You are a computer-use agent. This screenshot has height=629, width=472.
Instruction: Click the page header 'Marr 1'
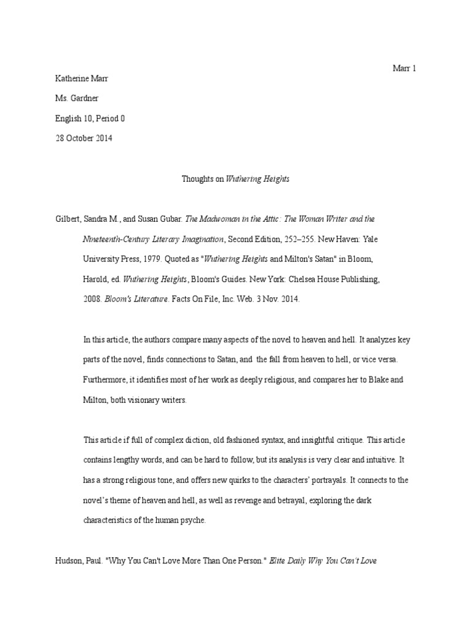(404, 68)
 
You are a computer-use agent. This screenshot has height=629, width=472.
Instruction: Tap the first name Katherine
(68, 79)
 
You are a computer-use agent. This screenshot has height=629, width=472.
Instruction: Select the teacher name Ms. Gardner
(77, 98)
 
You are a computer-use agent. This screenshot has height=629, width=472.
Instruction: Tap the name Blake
(371, 380)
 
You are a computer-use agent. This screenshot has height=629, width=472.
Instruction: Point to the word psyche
(195, 520)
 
